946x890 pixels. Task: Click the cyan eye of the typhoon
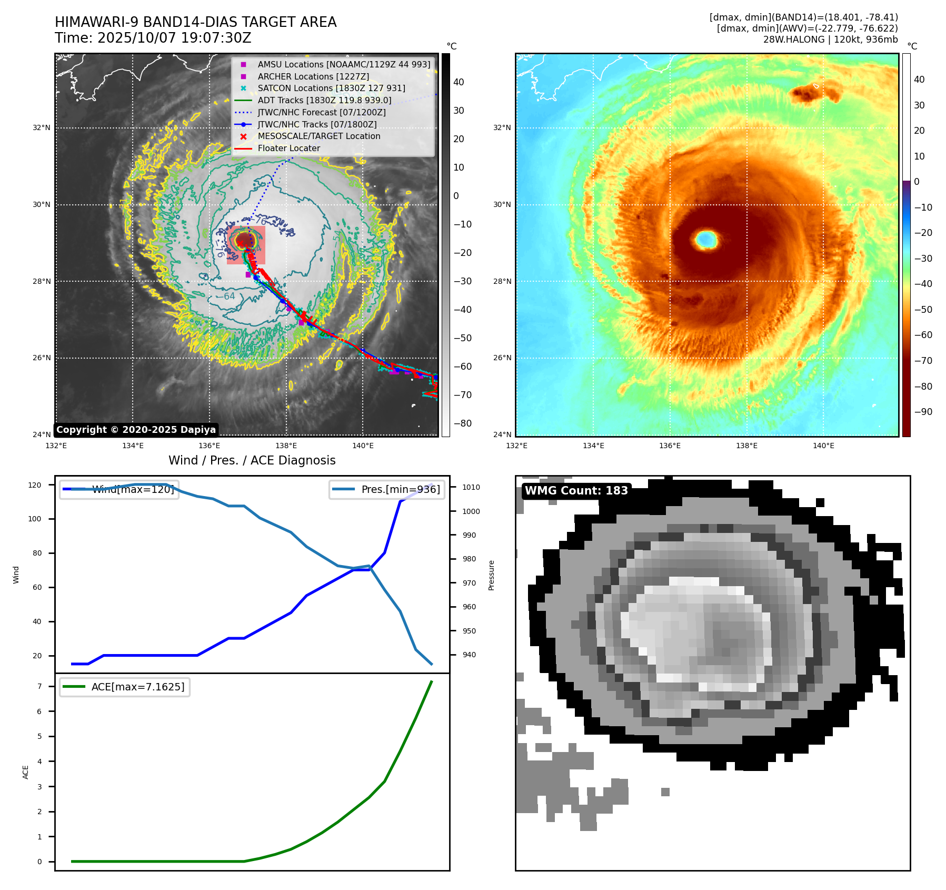tap(706, 240)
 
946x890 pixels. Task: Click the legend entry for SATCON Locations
tap(331, 88)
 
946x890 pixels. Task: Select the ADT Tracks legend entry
tap(324, 100)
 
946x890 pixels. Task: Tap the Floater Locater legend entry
tap(288, 149)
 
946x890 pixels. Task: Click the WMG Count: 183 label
tap(576, 491)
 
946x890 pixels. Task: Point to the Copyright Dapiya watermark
tap(136, 430)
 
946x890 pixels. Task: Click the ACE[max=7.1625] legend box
tap(125, 687)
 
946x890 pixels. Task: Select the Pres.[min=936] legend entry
tap(386, 489)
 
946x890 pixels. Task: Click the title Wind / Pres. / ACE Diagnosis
tap(252, 460)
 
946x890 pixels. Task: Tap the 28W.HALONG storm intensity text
tap(830, 39)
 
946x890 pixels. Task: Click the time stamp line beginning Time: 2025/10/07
tap(153, 38)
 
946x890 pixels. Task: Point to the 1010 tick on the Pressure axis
tap(471, 487)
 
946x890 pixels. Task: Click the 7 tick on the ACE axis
tap(39, 686)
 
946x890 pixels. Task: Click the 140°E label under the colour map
tap(823, 446)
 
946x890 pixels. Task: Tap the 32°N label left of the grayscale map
tap(42, 127)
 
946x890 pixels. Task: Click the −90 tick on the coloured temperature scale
tap(923, 412)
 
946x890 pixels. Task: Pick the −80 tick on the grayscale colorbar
tap(463, 423)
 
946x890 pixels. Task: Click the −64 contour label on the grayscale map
tap(229, 296)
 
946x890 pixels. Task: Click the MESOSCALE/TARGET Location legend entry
tap(318, 136)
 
